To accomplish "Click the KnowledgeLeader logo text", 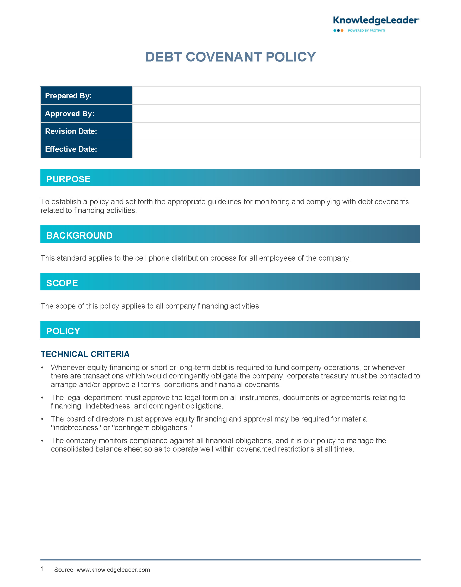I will [x=376, y=21].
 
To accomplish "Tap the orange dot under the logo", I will [x=342, y=31].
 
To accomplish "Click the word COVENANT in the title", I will [x=224, y=57].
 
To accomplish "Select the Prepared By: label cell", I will [x=86, y=96].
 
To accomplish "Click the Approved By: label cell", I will [x=86, y=113].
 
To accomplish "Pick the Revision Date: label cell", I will [x=86, y=131].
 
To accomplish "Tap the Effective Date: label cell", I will [x=86, y=149].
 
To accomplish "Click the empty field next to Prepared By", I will [x=276, y=96].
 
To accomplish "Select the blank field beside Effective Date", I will [x=276, y=149].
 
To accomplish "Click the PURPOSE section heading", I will [x=68, y=179].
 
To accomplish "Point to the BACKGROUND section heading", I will [x=79, y=235].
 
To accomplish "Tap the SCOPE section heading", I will [x=62, y=283].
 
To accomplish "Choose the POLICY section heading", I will [x=63, y=331].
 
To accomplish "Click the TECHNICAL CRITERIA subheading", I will [x=85, y=354].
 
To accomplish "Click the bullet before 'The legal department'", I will [x=42, y=398].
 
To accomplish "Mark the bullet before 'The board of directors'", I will [x=42, y=419].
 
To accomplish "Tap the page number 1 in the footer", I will [x=43, y=569].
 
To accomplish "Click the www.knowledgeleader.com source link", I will [x=113, y=570].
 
